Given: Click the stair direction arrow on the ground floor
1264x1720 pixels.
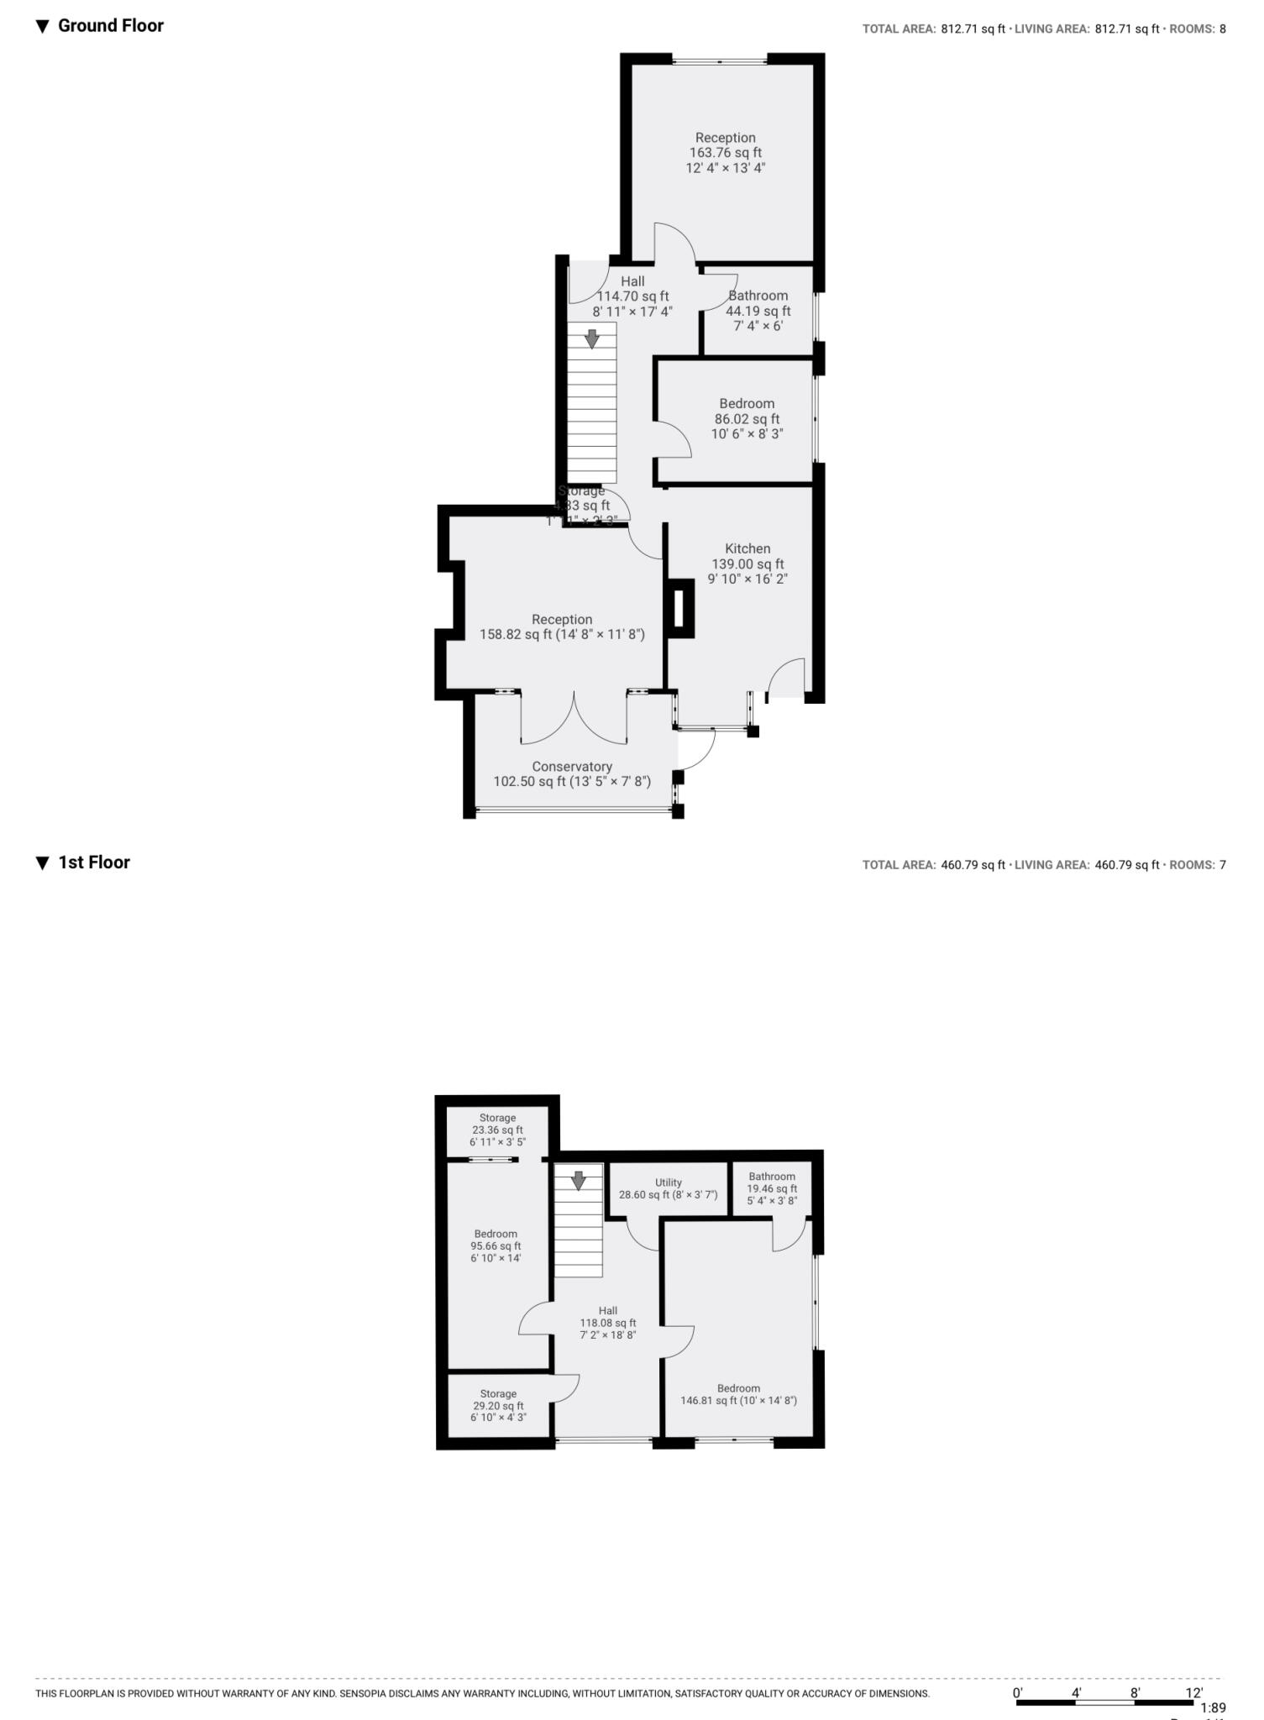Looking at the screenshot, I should pyautogui.click(x=592, y=339).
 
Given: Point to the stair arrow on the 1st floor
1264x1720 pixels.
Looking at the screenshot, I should pyautogui.click(x=579, y=1180).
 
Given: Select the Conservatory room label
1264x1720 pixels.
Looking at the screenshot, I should pyautogui.click(x=572, y=767).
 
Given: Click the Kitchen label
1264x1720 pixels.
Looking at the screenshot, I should pyautogui.click(x=747, y=548).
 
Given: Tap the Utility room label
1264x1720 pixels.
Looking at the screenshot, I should pyautogui.click(x=669, y=1182).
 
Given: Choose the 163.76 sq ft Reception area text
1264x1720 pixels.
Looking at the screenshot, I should pyautogui.click(x=726, y=153).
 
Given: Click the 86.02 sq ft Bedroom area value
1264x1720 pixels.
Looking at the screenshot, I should pyautogui.click(x=747, y=419).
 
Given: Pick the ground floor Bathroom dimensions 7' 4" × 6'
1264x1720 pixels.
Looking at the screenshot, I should pyautogui.click(x=758, y=326).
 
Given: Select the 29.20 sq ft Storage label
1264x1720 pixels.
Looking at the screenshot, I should pyautogui.click(x=498, y=1393).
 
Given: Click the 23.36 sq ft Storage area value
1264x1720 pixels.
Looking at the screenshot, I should pyautogui.click(x=497, y=1130).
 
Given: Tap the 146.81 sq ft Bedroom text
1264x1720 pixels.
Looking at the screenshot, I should pyautogui.click(x=738, y=1400).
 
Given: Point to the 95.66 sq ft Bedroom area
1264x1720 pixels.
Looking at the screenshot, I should pyautogui.click(x=496, y=1246).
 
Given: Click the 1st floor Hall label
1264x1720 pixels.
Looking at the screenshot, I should pyautogui.click(x=608, y=1310).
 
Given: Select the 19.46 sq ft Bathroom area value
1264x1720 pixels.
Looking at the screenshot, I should pyautogui.click(x=772, y=1188).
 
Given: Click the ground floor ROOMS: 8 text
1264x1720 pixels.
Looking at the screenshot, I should pyautogui.click(x=1198, y=29).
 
